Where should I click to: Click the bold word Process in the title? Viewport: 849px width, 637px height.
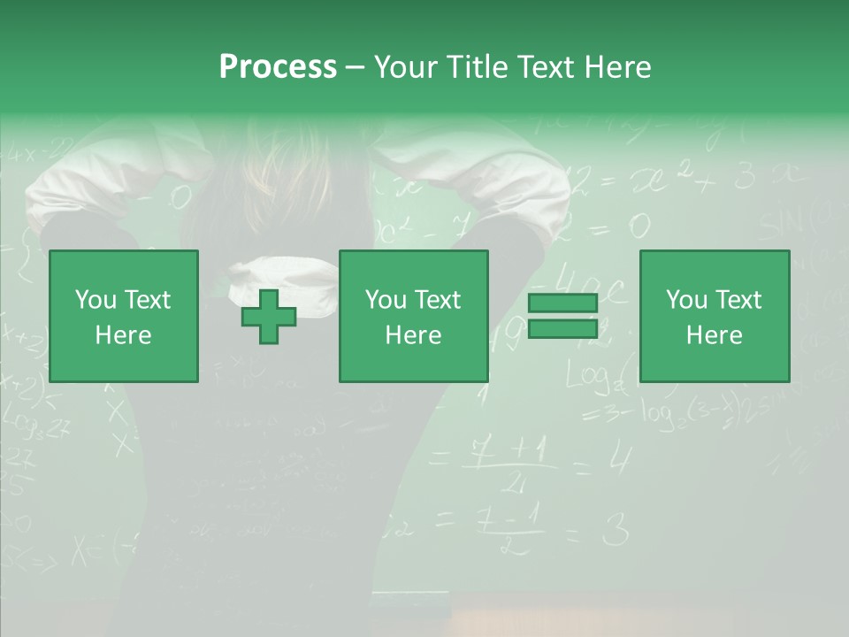click(x=278, y=66)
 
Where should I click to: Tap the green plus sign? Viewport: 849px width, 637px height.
click(x=269, y=317)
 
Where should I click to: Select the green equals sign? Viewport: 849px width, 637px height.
click(x=562, y=317)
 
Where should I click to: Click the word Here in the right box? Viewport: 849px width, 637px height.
click(x=715, y=335)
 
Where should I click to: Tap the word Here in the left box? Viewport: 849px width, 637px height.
click(x=124, y=335)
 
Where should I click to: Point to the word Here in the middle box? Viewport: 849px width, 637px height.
click(x=413, y=335)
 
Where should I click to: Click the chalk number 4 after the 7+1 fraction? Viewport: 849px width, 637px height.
click(x=621, y=459)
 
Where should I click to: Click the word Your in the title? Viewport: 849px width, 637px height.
click(x=406, y=66)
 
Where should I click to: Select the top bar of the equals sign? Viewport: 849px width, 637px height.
click(x=562, y=303)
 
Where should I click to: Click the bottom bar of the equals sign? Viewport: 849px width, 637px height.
click(x=562, y=329)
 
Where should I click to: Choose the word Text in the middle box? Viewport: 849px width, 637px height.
click(x=439, y=300)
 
